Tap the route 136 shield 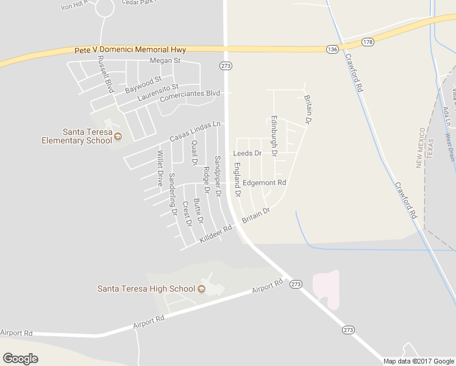click(332, 49)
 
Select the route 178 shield click(368, 41)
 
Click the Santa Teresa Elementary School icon click(118, 136)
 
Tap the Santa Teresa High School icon click(202, 289)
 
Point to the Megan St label click(165, 60)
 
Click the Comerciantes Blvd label click(190, 96)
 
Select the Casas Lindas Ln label click(195, 132)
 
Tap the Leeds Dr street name click(247, 153)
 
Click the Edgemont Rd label click(264, 182)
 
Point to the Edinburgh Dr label click(274, 137)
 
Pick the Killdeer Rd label click(216, 235)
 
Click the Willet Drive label click(160, 168)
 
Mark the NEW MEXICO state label click(420, 148)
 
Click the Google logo click(20, 359)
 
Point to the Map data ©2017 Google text click(418, 361)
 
